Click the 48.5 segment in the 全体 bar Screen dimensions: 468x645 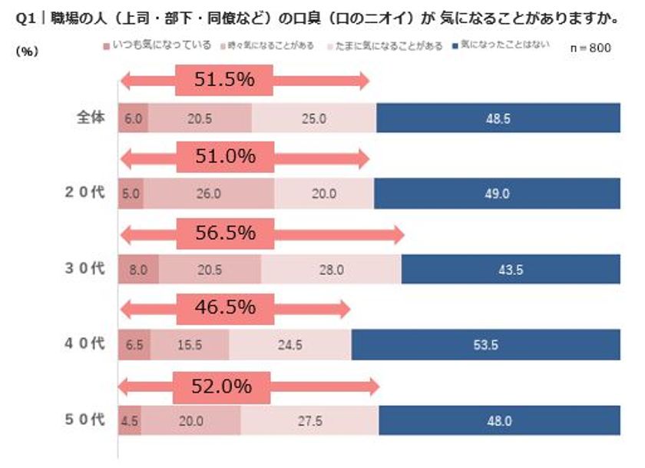498,118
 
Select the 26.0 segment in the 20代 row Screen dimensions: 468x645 209,194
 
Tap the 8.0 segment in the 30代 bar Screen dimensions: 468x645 138,270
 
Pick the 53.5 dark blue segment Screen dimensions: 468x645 485,345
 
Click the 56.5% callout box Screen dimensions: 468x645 224,233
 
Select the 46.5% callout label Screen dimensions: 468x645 224,308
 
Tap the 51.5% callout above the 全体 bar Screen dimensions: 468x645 224,81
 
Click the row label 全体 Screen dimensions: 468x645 90,118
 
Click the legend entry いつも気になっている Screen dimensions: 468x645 165,47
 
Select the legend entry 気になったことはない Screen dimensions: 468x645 505,47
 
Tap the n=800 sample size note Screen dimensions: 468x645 591,48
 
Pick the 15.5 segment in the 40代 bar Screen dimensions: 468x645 189,345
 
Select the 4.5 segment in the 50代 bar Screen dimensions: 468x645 130,420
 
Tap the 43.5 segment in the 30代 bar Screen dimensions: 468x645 510,270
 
